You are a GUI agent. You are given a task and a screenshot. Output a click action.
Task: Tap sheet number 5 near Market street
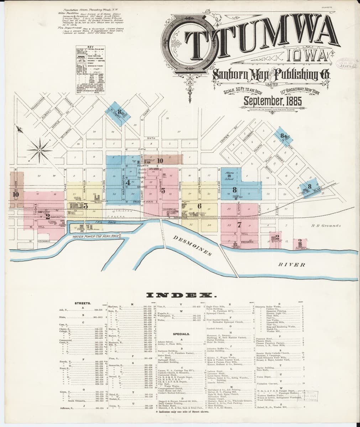coord(163,191)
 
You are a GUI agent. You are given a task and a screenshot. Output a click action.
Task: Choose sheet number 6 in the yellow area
coord(199,206)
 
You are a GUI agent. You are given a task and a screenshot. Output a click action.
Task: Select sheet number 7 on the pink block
coord(239,225)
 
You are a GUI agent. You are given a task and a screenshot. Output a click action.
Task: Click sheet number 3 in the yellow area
coord(85,206)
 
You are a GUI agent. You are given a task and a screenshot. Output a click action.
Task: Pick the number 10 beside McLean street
coord(15,194)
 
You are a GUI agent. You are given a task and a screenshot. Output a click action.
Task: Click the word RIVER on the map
coord(292,264)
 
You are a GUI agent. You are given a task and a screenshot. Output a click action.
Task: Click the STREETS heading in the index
coord(83,303)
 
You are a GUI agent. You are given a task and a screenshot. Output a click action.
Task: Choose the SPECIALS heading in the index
coord(182,334)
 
